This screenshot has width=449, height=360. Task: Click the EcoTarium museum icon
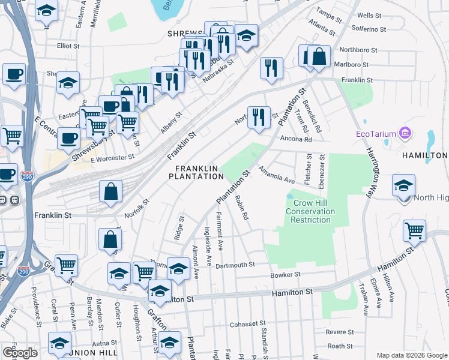(x=405, y=132)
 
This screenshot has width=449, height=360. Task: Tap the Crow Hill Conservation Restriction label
(x=309, y=212)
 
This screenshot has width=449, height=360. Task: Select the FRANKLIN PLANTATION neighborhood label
(x=196, y=172)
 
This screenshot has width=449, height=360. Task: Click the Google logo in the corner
(x=19, y=353)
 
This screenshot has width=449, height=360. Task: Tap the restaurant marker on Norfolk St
(x=259, y=116)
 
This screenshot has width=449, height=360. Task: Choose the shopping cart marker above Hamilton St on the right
(x=414, y=231)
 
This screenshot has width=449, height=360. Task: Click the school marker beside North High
(x=403, y=185)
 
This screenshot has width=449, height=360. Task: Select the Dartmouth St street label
(x=235, y=264)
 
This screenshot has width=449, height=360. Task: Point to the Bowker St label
(x=285, y=275)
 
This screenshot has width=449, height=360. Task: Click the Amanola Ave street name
(x=277, y=176)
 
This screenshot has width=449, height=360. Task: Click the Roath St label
(x=340, y=346)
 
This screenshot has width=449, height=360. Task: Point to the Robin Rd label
(x=242, y=207)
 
